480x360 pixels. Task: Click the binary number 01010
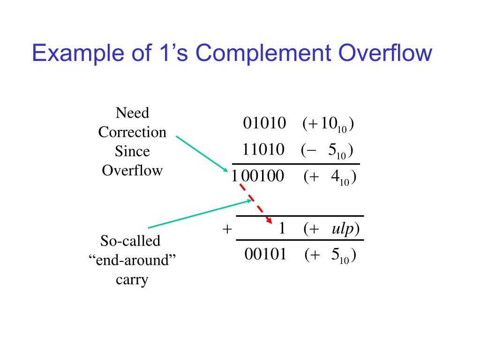(x=264, y=123)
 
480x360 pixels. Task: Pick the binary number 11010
(x=263, y=150)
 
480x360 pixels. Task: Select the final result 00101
(x=265, y=254)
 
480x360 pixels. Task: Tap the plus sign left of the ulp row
(x=227, y=229)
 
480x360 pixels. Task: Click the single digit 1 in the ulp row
(x=282, y=228)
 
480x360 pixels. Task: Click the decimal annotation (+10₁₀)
(x=328, y=124)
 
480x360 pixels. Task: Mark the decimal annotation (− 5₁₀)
(x=327, y=150)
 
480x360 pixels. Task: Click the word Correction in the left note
(x=132, y=132)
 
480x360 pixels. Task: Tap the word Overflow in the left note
(x=132, y=170)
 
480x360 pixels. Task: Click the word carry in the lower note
(x=132, y=280)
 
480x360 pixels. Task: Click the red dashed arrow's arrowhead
(x=270, y=221)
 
